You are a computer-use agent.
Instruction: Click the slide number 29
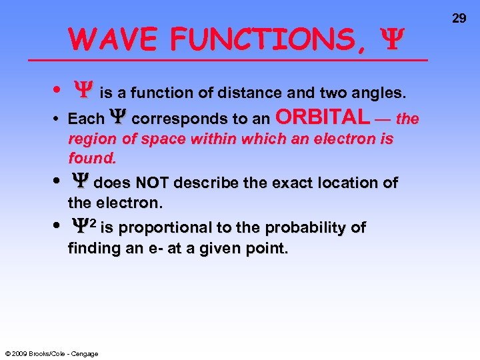point(459,18)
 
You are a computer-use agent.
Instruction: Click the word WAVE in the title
point(114,39)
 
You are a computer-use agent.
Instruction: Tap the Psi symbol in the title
point(388,40)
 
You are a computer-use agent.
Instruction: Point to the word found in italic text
point(91,159)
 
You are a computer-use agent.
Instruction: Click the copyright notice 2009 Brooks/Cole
point(51,353)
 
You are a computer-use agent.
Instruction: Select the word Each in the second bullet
point(86,119)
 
